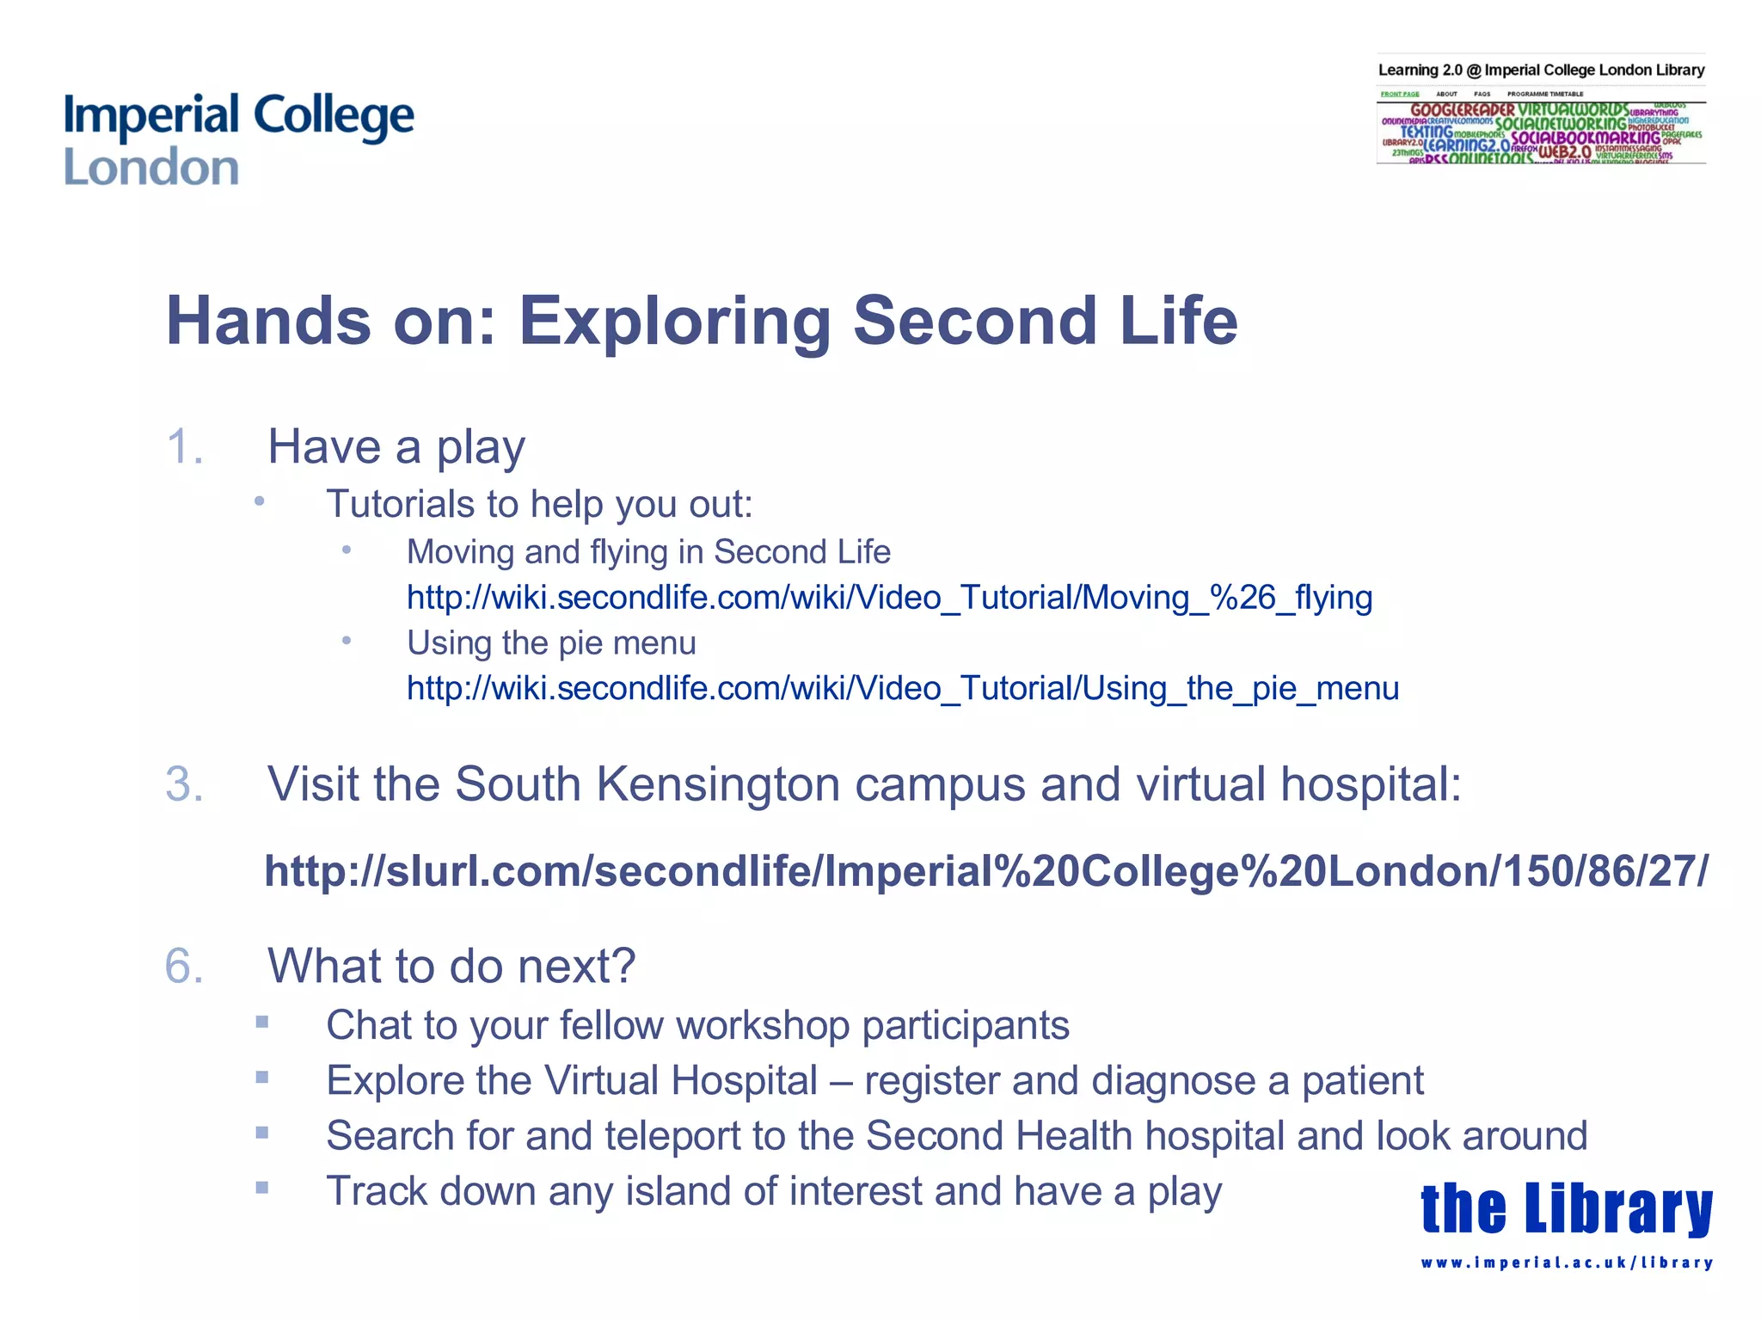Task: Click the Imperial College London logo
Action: pyautogui.click(x=238, y=139)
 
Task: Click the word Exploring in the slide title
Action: pyautogui.click(x=674, y=321)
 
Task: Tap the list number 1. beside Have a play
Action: pyautogui.click(x=185, y=447)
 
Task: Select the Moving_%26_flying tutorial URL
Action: pyautogui.click(x=889, y=598)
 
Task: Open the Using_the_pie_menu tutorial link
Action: pyautogui.click(x=903, y=689)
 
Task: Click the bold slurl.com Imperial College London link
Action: pyautogui.click(x=985, y=871)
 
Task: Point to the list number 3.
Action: pyautogui.click(x=185, y=784)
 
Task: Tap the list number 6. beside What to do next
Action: pyautogui.click(x=185, y=966)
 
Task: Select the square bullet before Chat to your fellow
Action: pyautogui.click(x=262, y=1023)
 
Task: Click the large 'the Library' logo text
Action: pyautogui.click(x=1566, y=1208)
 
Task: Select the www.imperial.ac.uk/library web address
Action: pyautogui.click(x=1566, y=1263)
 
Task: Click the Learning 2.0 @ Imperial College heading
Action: pyautogui.click(x=1540, y=71)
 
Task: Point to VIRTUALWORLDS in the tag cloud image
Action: pyautogui.click(x=1572, y=110)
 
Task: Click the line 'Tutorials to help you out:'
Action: pyautogui.click(x=539, y=505)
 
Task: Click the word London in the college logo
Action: pyautogui.click(x=151, y=168)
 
